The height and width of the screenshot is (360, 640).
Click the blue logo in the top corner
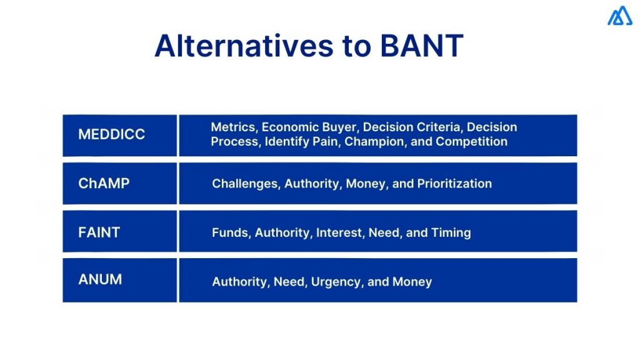coord(619,16)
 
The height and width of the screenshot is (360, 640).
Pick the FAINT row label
coord(99,232)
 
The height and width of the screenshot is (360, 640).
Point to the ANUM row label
coord(100,280)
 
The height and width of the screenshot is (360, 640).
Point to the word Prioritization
coord(454,184)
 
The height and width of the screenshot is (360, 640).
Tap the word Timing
coord(451,232)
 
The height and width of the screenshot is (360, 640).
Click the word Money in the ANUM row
coord(412,282)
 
